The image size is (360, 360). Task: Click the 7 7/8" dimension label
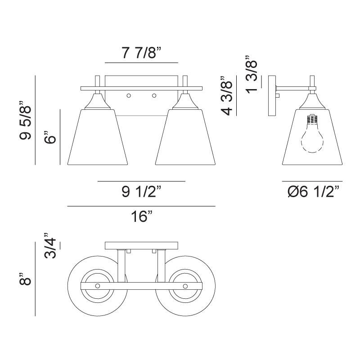click(x=141, y=53)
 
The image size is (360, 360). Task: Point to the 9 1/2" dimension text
click(x=141, y=192)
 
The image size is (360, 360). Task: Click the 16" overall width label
click(x=141, y=217)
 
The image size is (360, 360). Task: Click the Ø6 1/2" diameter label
click(x=313, y=193)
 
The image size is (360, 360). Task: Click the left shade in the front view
click(x=97, y=137)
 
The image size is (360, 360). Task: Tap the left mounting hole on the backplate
click(x=129, y=95)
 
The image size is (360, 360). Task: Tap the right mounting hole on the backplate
click(x=154, y=95)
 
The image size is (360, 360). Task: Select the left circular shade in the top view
click(x=97, y=287)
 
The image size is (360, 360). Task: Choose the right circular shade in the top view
click(x=185, y=287)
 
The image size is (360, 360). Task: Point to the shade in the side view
click(x=310, y=144)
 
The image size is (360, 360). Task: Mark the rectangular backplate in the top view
click(x=141, y=246)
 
